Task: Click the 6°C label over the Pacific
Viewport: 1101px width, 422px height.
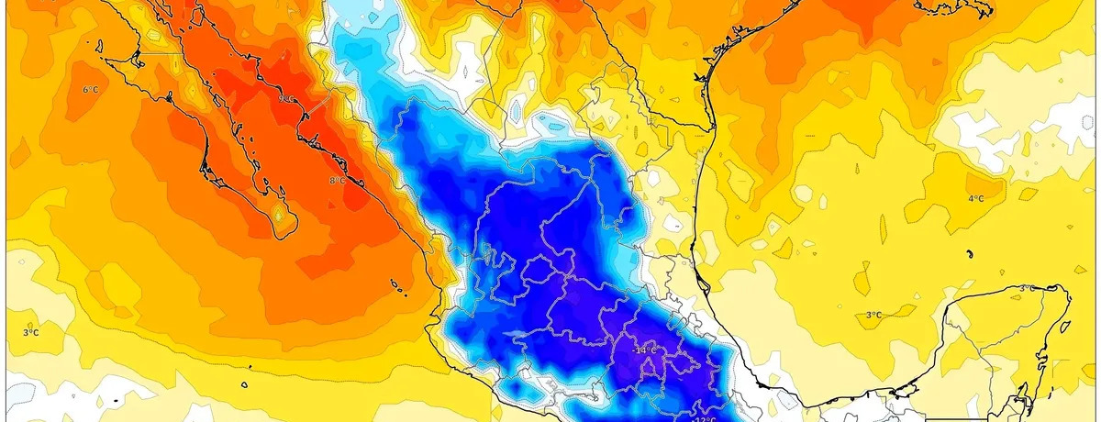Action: (91, 89)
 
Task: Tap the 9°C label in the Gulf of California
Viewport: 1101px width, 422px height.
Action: (286, 98)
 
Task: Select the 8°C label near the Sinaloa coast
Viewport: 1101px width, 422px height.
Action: (337, 181)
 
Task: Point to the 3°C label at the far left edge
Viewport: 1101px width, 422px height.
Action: (30, 332)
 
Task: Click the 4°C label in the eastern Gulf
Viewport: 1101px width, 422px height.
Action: (976, 198)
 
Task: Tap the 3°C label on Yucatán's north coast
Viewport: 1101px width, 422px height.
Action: (1029, 288)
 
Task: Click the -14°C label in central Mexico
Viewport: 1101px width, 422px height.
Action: (645, 350)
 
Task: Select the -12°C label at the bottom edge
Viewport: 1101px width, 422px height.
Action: (704, 418)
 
